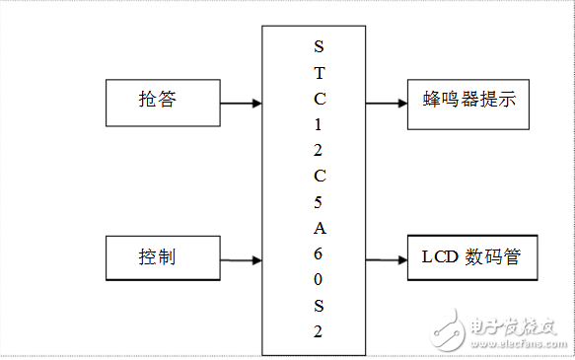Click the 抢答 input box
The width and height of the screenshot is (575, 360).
162,101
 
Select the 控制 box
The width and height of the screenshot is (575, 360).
162,258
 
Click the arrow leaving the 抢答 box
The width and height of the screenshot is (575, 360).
240,102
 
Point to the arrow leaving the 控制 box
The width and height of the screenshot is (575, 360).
240,260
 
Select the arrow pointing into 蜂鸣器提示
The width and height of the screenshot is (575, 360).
386,102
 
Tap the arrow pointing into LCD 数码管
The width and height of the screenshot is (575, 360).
386,260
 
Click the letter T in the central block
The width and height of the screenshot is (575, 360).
318,74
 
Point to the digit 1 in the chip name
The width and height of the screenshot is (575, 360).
318,125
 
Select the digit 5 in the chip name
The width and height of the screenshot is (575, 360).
318,202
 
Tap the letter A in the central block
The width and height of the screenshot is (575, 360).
318,228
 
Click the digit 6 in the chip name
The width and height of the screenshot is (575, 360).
318,253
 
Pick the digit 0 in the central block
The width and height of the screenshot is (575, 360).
318,279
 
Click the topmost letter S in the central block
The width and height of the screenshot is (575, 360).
318,47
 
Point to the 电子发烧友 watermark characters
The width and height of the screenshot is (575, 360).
514,326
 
